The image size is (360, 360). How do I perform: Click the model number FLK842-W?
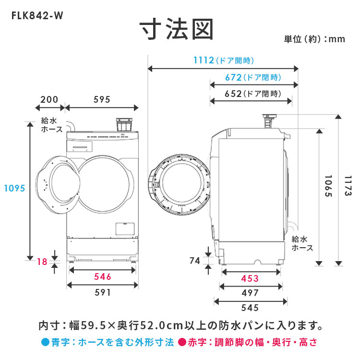pyautogui.click(x=37, y=14)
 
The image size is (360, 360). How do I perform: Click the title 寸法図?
pyautogui.click(x=176, y=30)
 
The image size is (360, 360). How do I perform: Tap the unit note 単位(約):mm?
pyautogui.click(x=314, y=39)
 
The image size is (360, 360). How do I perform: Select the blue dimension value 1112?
pyautogui.click(x=204, y=60)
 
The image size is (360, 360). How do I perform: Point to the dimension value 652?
pyautogui.click(x=233, y=94)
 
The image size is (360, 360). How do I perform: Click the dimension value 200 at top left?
pyautogui.click(x=49, y=100)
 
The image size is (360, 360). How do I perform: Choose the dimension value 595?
pyautogui.click(x=102, y=100)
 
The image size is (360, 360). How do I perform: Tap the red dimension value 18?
pyautogui.click(x=42, y=262)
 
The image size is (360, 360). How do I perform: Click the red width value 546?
pyautogui.click(x=102, y=276)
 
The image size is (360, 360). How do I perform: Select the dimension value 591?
pyautogui.click(x=102, y=292)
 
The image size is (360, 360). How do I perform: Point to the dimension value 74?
pyautogui.click(x=194, y=261)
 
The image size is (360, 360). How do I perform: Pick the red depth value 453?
pyautogui.click(x=250, y=278)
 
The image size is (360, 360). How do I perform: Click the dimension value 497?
pyautogui.click(x=250, y=293)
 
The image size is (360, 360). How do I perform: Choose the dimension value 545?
pyautogui.click(x=250, y=308)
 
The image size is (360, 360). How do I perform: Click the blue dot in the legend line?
pyautogui.click(x=46, y=343)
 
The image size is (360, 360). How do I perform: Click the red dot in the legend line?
pyautogui.click(x=182, y=343)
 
